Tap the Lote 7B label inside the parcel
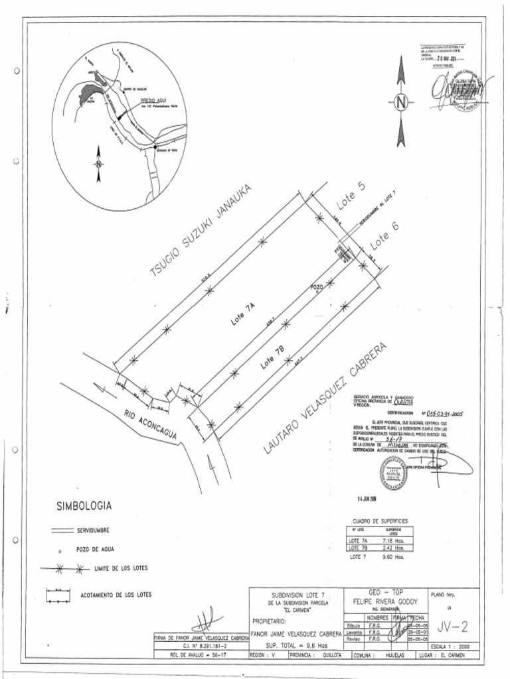(272, 358)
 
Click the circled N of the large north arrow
(400, 103)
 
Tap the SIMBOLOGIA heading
(84, 507)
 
